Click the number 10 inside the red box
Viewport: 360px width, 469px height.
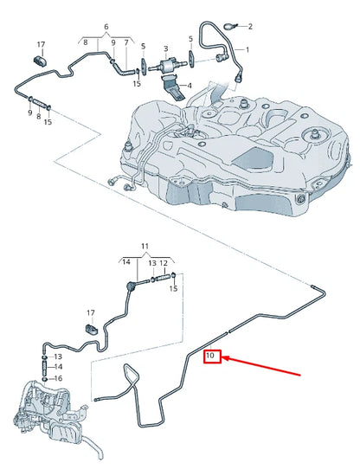(x=213, y=355)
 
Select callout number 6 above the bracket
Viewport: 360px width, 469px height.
(x=106, y=29)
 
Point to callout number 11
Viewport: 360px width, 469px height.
(x=145, y=247)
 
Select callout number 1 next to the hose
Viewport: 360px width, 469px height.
(x=247, y=50)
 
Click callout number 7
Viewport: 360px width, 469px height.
(x=126, y=42)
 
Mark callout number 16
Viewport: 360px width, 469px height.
(x=57, y=378)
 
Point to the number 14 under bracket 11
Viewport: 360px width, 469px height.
(x=126, y=261)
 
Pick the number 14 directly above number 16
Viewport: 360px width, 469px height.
(x=57, y=367)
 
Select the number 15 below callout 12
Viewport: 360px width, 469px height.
(x=173, y=287)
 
